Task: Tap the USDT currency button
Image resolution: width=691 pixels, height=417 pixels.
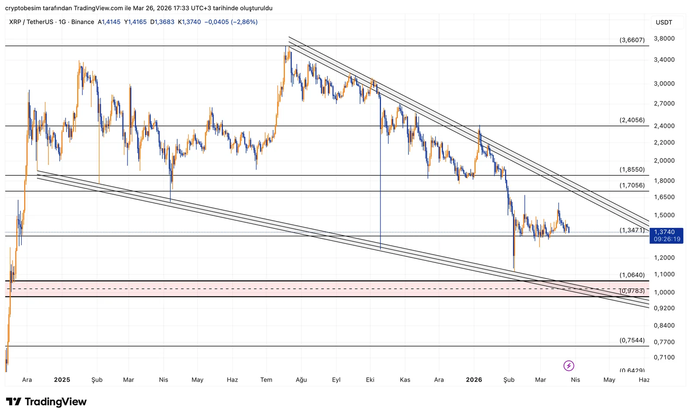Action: click(x=664, y=22)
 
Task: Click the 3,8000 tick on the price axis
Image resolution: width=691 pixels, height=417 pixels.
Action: click(x=664, y=38)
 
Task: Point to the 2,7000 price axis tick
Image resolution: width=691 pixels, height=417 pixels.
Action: click(x=664, y=104)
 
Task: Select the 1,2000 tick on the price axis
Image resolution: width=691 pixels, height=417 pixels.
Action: click(x=664, y=258)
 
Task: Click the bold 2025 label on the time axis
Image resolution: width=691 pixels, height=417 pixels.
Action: click(x=62, y=380)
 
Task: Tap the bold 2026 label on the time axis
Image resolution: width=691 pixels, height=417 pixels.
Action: click(x=474, y=380)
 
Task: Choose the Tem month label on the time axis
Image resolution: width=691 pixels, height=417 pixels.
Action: click(x=266, y=380)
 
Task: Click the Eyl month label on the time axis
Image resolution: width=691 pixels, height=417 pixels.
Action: click(x=336, y=380)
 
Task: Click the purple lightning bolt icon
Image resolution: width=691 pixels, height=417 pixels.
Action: click(x=569, y=366)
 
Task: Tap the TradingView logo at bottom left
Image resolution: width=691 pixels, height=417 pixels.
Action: click(x=46, y=402)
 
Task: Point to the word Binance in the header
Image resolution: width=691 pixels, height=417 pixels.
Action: click(x=82, y=22)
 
